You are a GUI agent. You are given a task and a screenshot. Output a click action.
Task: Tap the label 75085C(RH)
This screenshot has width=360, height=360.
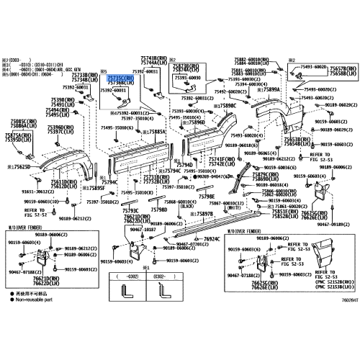tap(21, 122)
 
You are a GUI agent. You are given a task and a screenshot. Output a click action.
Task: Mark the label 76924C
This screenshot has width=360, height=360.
tap(210, 238)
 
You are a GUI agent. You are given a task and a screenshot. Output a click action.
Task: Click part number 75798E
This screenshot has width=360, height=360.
tap(207, 196)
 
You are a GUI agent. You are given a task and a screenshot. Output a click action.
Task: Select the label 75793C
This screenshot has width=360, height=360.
tap(130, 211)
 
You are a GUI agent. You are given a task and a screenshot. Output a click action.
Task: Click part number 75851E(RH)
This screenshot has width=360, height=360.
tap(283, 212)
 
